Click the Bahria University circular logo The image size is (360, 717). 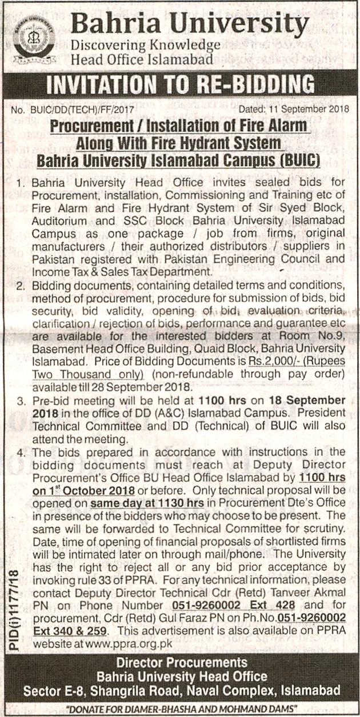pyautogui.click(x=34, y=39)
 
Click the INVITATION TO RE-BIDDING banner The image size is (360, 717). pyautogui.click(x=180, y=86)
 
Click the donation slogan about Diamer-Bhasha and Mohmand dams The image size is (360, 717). pyautogui.click(x=182, y=708)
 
